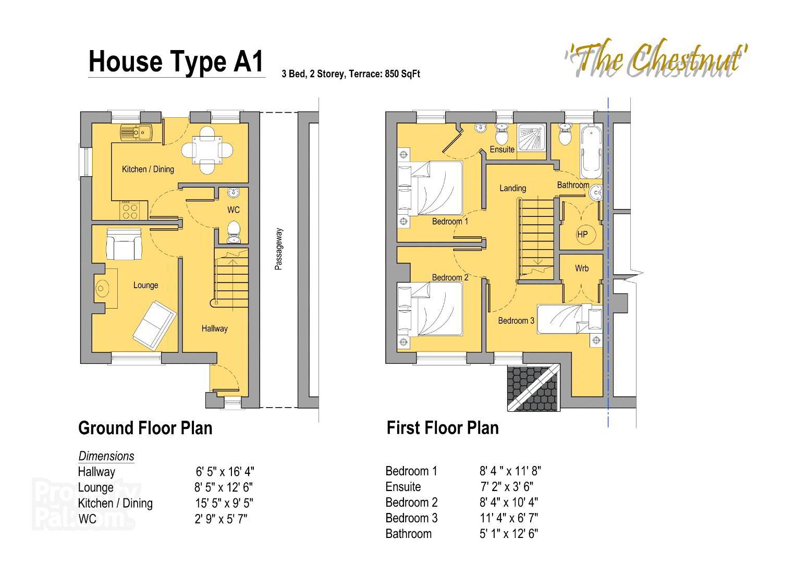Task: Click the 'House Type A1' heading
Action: (177, 62)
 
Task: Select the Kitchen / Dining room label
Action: (148, 169)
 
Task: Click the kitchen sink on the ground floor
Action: (136, 132)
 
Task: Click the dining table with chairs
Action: (207, 150)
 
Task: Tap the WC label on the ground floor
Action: (233, 210)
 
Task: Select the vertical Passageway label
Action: (278, 249)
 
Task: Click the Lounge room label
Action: (145, 285)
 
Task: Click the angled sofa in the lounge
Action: (154, 325)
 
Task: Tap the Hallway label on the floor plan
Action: (214, 328)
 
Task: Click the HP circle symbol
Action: (582, 235)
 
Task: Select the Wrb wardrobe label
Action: (582, 268)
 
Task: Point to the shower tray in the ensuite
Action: (532, 137)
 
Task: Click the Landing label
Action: (512, 188)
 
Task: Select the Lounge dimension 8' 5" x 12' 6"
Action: (224, 487)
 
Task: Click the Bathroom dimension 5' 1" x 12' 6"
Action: (509, 534)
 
